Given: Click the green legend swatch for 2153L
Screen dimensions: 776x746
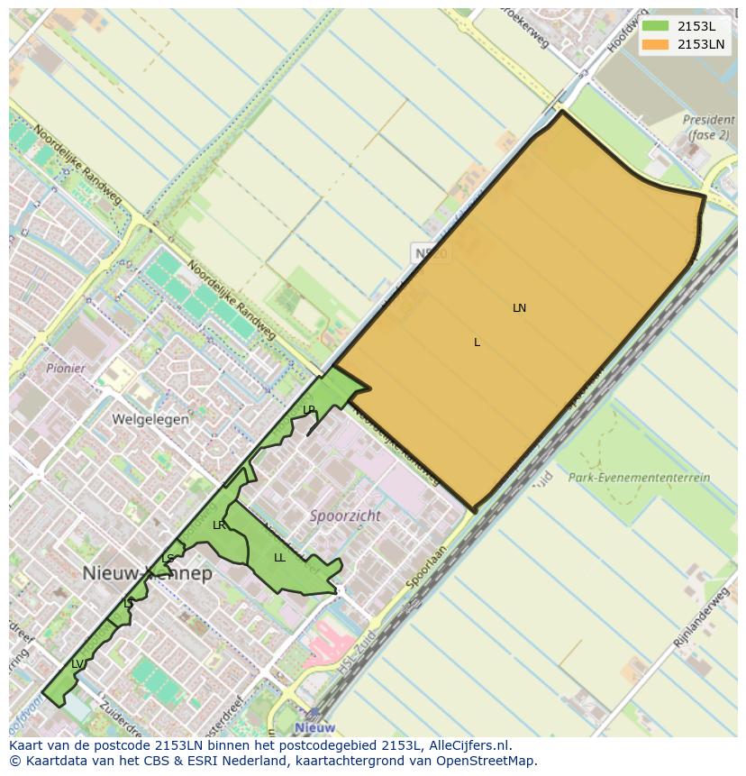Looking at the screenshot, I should [655, 26].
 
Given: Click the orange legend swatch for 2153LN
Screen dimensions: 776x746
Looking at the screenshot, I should [655, 43].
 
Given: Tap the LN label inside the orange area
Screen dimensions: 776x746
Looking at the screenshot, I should [519, 308].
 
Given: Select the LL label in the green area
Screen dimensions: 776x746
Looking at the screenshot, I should [279, 558].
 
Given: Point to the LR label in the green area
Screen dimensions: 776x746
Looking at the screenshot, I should [219, 525].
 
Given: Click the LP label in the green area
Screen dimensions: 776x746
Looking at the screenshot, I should [309, 410].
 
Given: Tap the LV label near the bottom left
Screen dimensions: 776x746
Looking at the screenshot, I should [77, 664].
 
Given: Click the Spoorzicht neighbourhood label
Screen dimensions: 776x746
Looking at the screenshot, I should [345, 516].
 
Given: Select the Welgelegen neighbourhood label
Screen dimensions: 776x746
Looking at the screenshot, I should [150, 419].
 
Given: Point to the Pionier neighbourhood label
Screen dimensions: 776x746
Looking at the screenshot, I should [66, 369].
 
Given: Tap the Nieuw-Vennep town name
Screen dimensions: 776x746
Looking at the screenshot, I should [148, 574].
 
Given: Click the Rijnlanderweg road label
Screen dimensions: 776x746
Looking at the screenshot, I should [700, 617].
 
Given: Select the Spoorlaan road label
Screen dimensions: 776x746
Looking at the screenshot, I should [426, 565].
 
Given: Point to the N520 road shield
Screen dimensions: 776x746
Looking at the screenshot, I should [431, 253].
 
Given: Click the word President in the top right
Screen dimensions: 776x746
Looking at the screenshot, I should [708, 120].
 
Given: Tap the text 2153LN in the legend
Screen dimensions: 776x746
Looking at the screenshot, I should [701, 43].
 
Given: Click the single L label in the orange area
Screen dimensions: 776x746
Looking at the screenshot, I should [477, 342].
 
